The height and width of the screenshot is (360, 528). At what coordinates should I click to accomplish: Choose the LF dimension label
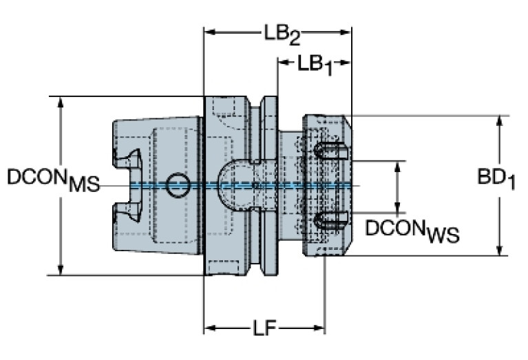tap(264, 329)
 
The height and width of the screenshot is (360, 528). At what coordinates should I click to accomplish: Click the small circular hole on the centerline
tap(180, 182)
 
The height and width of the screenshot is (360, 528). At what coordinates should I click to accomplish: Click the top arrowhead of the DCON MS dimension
tap(61, 101)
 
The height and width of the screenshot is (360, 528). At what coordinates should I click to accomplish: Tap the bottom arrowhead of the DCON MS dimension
tap(61, 270)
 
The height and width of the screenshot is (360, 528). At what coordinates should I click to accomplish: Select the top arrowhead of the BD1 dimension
tap(500, 121)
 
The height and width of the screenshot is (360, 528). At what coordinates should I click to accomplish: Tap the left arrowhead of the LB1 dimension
tap(282, 63)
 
